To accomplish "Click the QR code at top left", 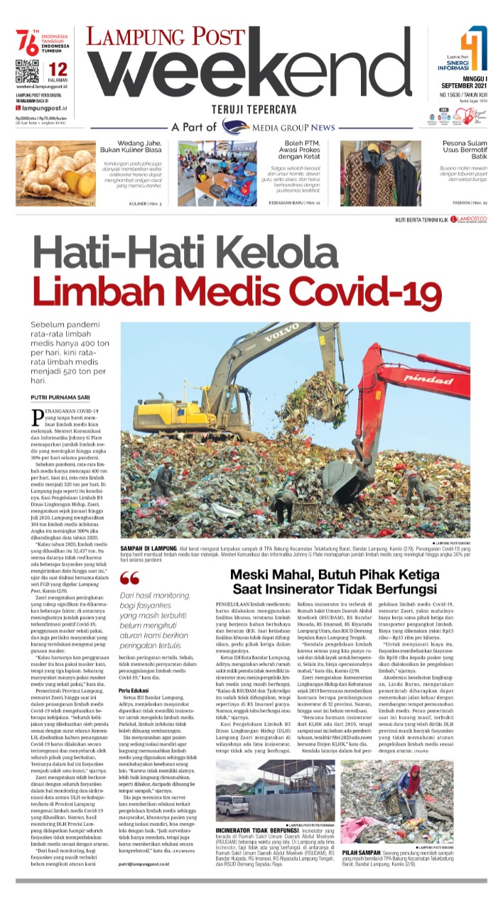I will click(26, 72).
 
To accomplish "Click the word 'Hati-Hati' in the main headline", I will click(121, 252).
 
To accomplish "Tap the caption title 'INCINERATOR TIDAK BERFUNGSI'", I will click(258, 829).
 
